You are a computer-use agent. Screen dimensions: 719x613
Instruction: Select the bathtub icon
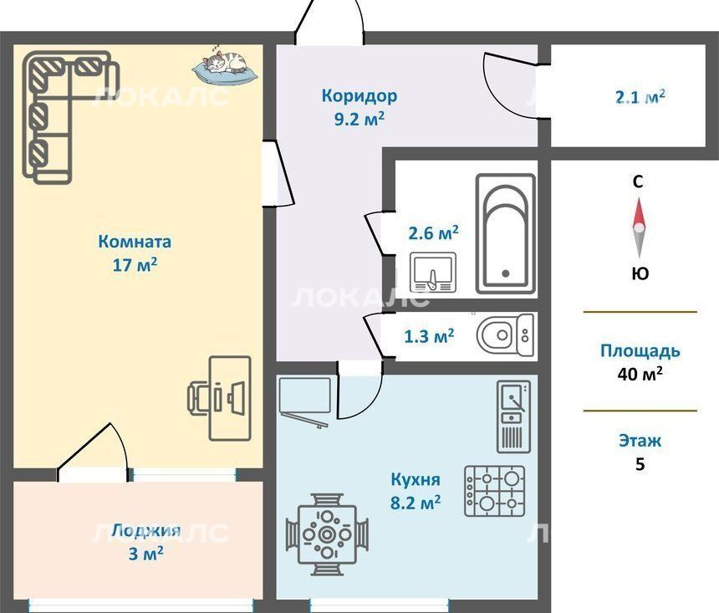pos(505,234)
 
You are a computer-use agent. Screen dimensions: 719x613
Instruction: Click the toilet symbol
pos(505,335)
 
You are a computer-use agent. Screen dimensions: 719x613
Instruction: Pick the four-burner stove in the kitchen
pos(495,492)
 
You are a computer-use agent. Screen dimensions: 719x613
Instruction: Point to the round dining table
pos(327,534)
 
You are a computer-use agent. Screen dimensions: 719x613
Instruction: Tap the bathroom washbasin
pos(433,272)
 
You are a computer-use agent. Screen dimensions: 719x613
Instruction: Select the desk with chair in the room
pos(220,398)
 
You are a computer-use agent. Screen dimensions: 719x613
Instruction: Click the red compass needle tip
pos(638,199)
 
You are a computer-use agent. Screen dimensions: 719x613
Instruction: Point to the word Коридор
pos(359,96)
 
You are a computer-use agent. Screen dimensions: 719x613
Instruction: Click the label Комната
pos(135,242)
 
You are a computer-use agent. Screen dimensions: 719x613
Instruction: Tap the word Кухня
pos(416,479)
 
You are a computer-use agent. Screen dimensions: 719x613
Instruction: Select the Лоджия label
pos(146,531)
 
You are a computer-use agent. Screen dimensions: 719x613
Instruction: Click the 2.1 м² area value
pos(640,97)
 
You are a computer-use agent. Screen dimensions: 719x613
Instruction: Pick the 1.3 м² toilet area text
pos(429,336)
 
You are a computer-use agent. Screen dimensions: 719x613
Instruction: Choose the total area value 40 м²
pos(640,374)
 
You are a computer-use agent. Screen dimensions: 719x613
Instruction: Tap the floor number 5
pos(640,464)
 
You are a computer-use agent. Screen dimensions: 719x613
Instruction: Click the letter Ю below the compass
pos(640,274)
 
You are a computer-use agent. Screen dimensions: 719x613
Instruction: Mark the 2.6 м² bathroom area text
pos(433,233)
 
